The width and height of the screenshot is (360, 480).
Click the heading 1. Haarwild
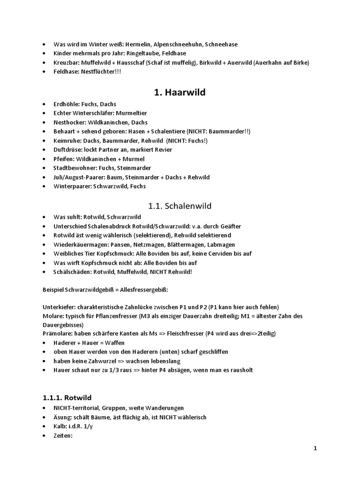(180, 92)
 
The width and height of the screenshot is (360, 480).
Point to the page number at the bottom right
(315, 448)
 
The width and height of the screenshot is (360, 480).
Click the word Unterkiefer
(58, 307)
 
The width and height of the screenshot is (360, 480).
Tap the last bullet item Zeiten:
(63, 435)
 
